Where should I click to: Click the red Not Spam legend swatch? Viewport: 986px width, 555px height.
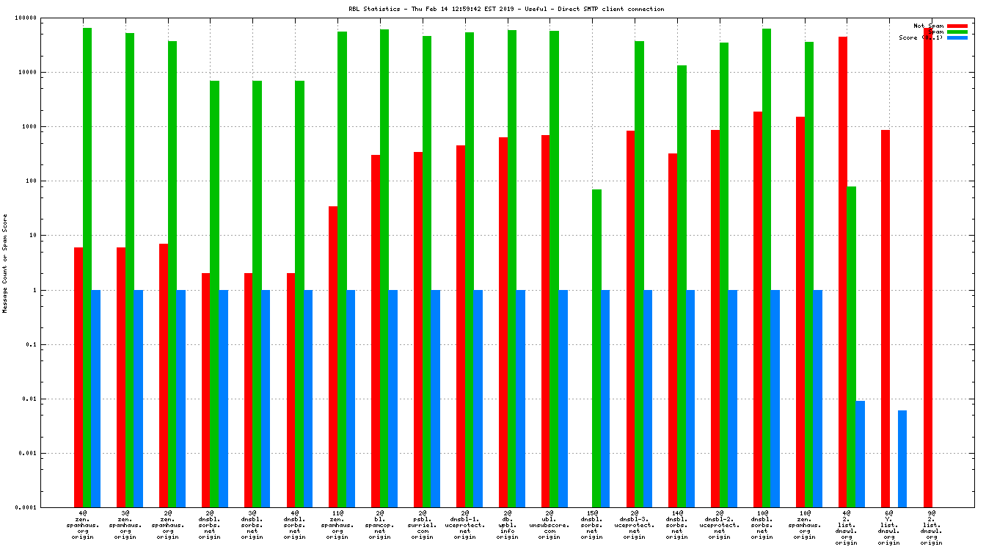pyautogui.click(x=957, y=26)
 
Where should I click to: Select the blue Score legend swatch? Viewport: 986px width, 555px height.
pyautogui.click(x=957, y=37)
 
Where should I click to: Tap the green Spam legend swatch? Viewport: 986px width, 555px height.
pyautogui.click(x=957, y=32)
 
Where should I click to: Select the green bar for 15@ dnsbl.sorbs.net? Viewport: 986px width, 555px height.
pyautogui.click(x=596, y=348)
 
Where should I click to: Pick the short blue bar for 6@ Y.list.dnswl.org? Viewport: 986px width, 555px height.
pyautogui.click(x=902, y=458)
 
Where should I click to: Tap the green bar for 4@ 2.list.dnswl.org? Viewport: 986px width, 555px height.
pyautogui.click(x=851, y=347)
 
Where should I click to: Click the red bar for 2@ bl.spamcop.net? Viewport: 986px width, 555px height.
pyautogui.click(x=376, y=330)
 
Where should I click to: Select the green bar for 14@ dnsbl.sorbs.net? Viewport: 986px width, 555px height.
pyautogui.click(x=682, y=286)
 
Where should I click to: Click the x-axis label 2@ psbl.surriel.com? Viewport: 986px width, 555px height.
pyautogui.click(x=423, y=525)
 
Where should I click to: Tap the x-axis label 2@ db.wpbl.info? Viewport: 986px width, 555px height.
pyautogui.click(x=508, y=525)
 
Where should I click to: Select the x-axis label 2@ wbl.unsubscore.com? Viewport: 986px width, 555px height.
pyautogui.click(x=549, y=525)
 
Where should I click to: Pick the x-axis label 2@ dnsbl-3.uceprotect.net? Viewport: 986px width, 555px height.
pyautogui.click(x=635, y=525)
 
